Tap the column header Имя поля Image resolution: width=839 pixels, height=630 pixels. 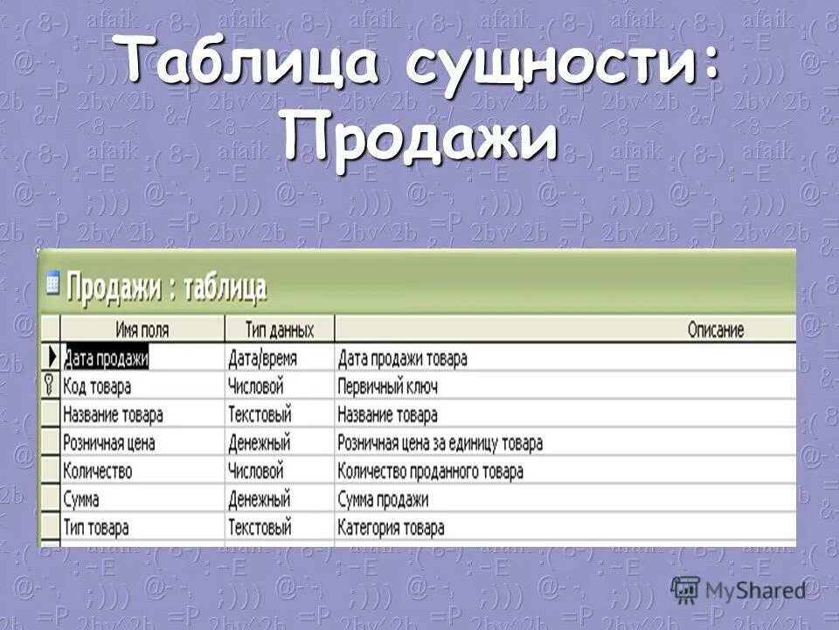coord(142,330)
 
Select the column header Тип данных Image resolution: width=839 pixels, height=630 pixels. coord(279,330)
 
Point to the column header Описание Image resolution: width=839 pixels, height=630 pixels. coord(715,330)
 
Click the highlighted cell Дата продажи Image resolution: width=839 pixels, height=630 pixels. coord(106,358)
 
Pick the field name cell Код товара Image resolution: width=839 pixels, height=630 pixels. coord(97,386)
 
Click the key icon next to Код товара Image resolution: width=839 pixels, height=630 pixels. coord(50,386)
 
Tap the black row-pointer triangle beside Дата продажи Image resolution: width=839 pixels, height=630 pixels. coord(51,358)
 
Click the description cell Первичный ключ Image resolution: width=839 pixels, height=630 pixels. coord(387,386)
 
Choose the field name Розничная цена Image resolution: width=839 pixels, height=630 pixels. coord(109,443)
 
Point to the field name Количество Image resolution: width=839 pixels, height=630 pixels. coord(98,471)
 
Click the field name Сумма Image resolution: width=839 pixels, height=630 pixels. coord(81,500)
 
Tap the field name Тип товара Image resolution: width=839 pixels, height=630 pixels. coord(96,528)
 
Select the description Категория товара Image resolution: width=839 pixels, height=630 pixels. coord(391,528)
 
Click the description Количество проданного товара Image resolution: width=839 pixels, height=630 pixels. coord(430,471)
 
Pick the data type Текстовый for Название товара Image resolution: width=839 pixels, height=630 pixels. coord(260,414)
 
